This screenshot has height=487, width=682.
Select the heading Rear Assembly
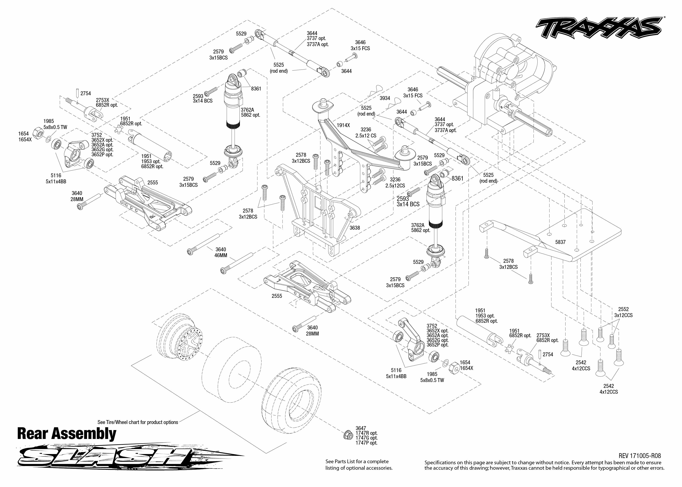(67, 434)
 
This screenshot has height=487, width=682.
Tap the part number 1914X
(343, 125)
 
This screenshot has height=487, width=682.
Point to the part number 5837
(560, 242)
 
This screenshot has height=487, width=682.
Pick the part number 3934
(385, 98)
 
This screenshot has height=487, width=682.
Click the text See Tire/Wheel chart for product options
(138, 422)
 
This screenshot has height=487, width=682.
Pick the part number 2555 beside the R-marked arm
(152, 183)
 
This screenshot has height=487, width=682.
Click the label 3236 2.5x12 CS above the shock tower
(366, 132)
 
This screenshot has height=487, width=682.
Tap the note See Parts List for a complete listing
(359, 464)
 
